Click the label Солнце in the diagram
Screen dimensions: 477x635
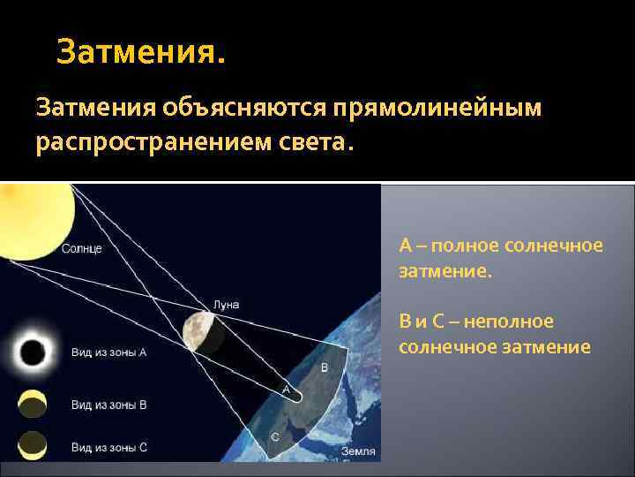pyautogui.click(x=82, y=248)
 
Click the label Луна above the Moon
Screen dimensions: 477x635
pyautogui.click(x=226, y=305)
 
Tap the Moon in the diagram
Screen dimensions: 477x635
pyautogui.click(x=198, y=332)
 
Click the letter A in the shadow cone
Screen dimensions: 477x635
pyautogui.click(x=286, y=389)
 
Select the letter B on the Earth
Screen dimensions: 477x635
pyautogui.click(x=324, y=367)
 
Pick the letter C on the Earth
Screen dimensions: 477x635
pyautogui.click(x=274, y=436)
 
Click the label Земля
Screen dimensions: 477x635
pyautogui.click(x=356, y=451)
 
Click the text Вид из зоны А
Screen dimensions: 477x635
pyautogui.click(x=108, y=352)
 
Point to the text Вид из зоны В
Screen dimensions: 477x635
pyautogui.click(x=108, y=405)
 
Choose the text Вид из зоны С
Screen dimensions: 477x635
pyautogui.click(x=108, y=447)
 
